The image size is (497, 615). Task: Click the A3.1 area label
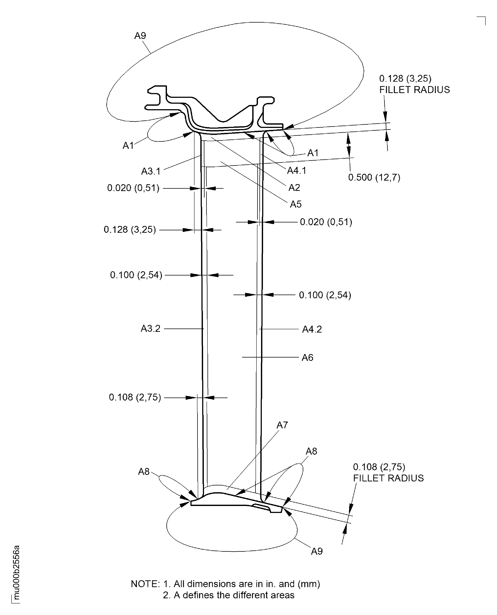tap(151, 171)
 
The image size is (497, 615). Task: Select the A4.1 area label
tap(297, 171)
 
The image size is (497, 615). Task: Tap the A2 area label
tap(294, 188)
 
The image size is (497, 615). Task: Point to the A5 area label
tap(296, 204)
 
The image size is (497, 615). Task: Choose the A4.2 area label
tap(312, 329)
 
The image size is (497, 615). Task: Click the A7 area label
tap(282, 425)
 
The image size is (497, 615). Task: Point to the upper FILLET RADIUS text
tap(414, 90)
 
